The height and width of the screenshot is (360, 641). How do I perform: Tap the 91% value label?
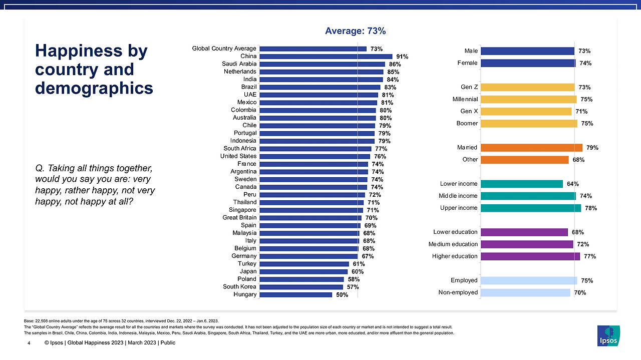point(401,57)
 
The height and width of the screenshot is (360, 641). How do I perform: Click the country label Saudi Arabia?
point(239,64)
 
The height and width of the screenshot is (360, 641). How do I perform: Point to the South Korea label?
point(239,287)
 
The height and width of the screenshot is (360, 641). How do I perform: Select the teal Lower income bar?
point(521,184)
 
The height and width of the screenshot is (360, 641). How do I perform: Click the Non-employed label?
point(458,292)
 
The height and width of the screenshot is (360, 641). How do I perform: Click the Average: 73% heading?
point(355,31)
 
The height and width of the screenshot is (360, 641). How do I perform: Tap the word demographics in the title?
point(94,88)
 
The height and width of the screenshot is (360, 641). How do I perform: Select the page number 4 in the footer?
point(29,343)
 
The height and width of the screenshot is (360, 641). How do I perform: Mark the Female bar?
point(528,63)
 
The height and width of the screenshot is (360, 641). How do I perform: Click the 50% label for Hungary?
point(342,294)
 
